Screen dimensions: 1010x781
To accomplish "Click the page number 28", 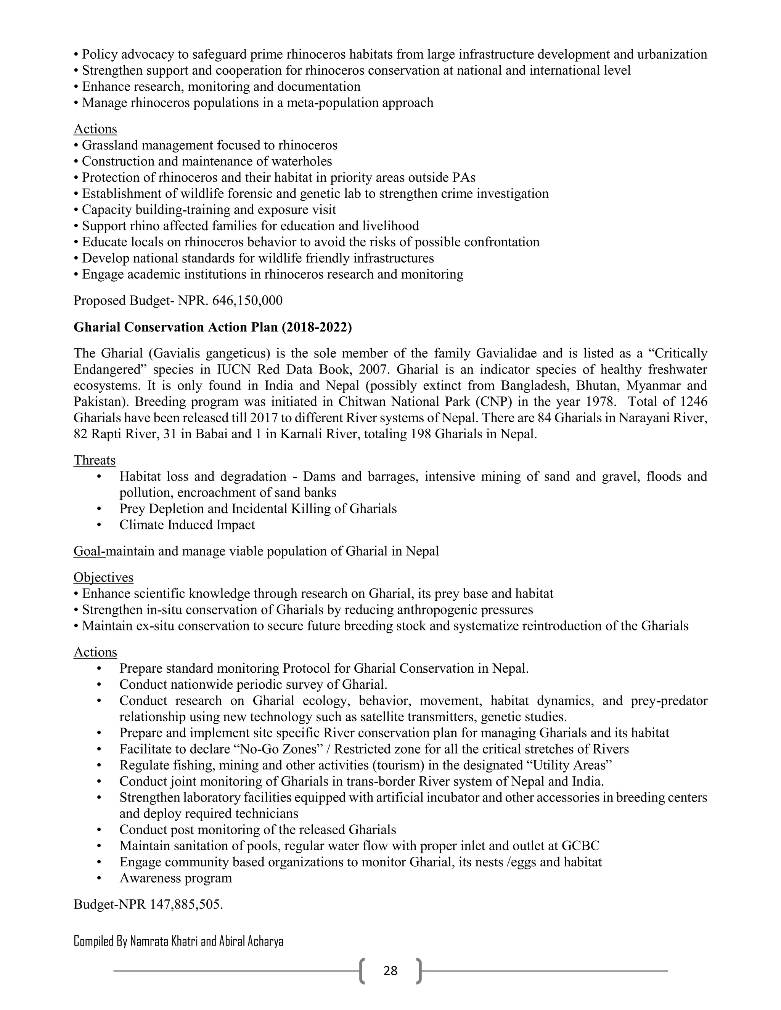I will (x=390, y=971).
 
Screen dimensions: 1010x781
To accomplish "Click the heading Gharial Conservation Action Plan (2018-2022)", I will (x=212, y=327).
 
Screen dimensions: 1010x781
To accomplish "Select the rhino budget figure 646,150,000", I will (x=247, y=301).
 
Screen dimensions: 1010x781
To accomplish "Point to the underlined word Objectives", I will (x=103, y=577).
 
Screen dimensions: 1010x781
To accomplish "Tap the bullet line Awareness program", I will (x=175, y=878).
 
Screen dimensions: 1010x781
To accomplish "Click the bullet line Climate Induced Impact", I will (x=187, y=525).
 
